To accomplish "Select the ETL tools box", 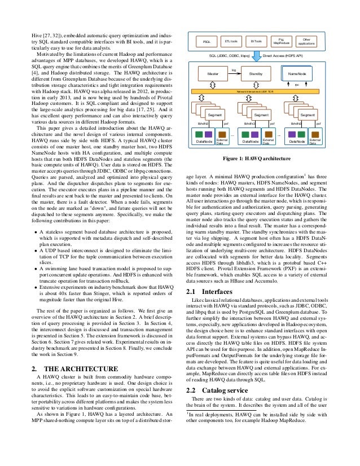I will (x=231, y=42).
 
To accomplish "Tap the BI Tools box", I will (x=257, y=42).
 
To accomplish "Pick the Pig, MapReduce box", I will (x=281, y=42).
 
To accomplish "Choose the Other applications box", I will (x=306, y=42).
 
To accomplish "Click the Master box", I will (x=213, y=74).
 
